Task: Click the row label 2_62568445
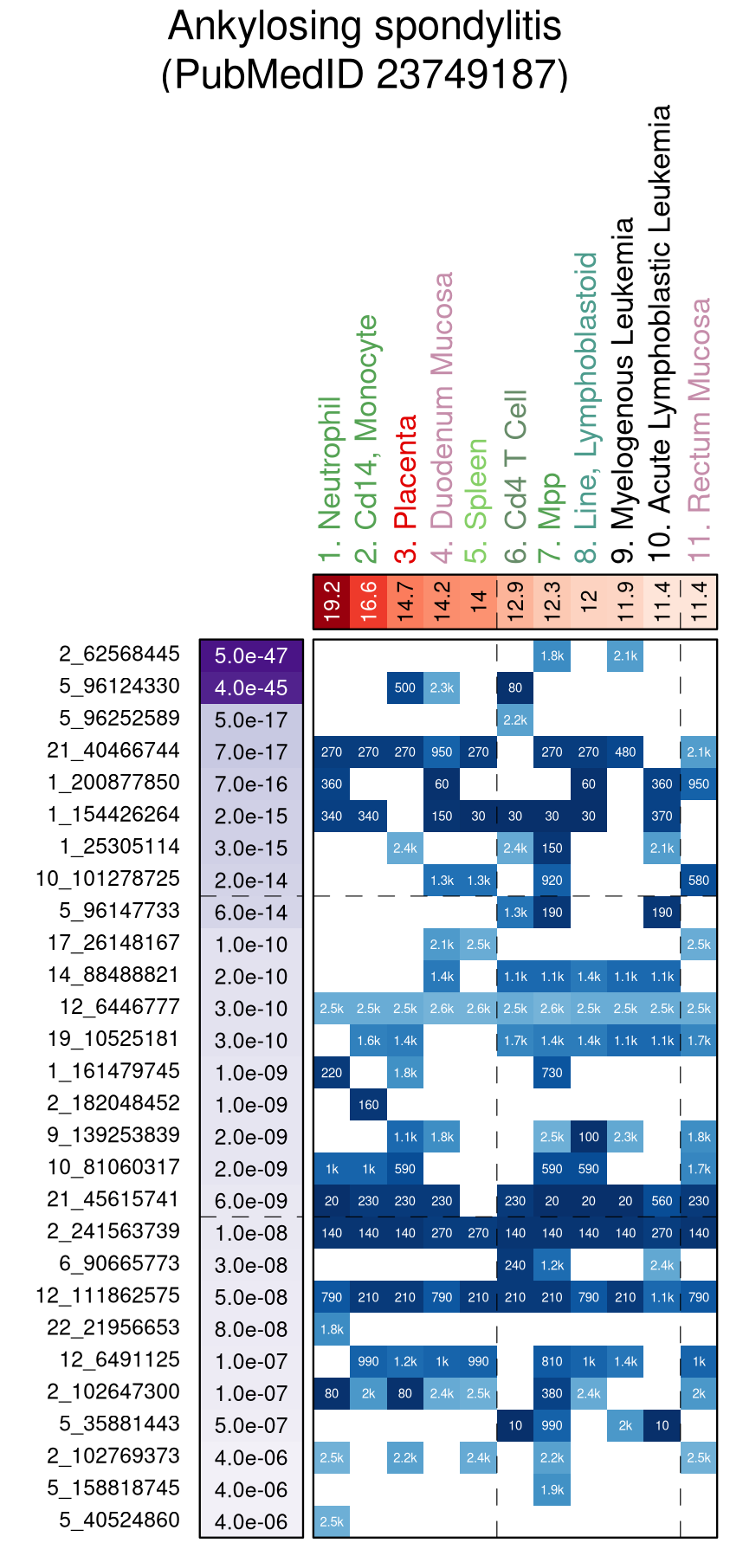[x=120, y=655]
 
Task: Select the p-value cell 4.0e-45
[x=251, y=688]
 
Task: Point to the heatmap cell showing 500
[x=405, y=688]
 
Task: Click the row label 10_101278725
[x=108, y=879]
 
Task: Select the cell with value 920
[x=552, y=881]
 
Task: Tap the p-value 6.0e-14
[x=251, y=912]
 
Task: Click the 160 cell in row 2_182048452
[x=369, y=1105]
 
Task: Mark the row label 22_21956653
[x=114, y=1327]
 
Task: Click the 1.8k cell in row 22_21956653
[x=332, y=1329]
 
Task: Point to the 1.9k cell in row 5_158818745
[x=552, y=1489]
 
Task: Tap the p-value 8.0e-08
[x=251, y=1329]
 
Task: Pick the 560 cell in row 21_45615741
[x=662, y=1201]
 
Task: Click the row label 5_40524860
[x=120, y=1520]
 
